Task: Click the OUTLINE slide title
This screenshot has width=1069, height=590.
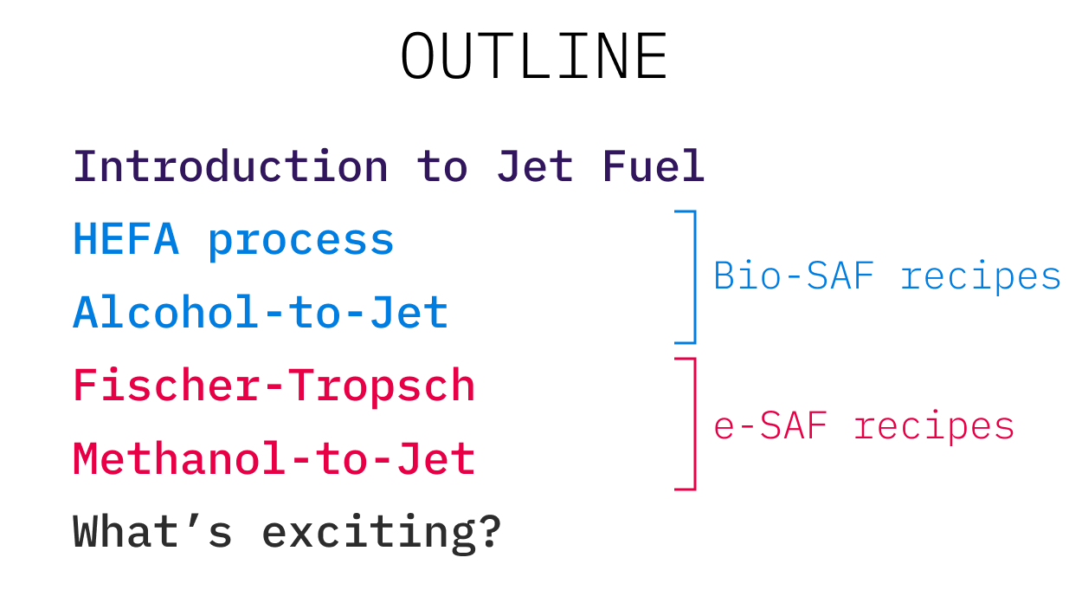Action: click(533, 57)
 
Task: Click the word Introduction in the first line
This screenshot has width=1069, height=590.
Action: click(230, 166)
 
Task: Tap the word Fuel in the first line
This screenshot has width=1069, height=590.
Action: click(654, 166)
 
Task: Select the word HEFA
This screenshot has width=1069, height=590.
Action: click(126, 240)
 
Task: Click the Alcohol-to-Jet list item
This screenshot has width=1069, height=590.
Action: click(261, 313)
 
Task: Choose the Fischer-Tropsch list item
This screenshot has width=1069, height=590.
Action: click(274, 386)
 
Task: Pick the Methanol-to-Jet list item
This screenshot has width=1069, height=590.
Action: click(274, 459)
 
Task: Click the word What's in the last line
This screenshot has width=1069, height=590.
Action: click(152, 531)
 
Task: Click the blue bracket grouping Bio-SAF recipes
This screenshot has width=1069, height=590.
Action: click(693, 276)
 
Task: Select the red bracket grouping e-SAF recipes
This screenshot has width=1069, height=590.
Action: click(693, 424)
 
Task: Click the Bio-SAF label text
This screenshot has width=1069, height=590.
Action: click(792, 276)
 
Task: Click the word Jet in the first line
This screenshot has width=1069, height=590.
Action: click(534, 166)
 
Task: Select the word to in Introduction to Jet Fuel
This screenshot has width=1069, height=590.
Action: click(441, 167)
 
